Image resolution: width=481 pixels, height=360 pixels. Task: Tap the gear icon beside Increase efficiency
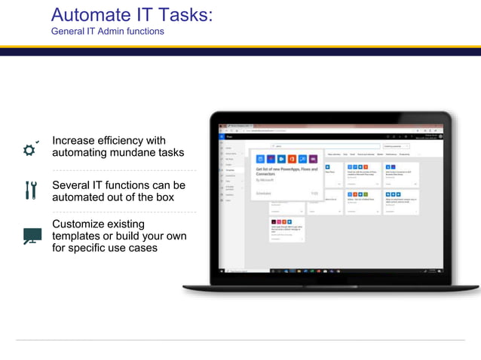tap(30, 149)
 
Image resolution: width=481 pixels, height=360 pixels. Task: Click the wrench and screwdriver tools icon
tap(30, 191)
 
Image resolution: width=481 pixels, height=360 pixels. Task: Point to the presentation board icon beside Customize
tap(32, 236)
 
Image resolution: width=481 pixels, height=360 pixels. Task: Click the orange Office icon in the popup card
tap(292, 159)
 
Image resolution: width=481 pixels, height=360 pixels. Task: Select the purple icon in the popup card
tap(313, 159)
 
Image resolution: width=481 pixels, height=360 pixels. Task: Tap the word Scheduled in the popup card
tap(263, 194)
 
